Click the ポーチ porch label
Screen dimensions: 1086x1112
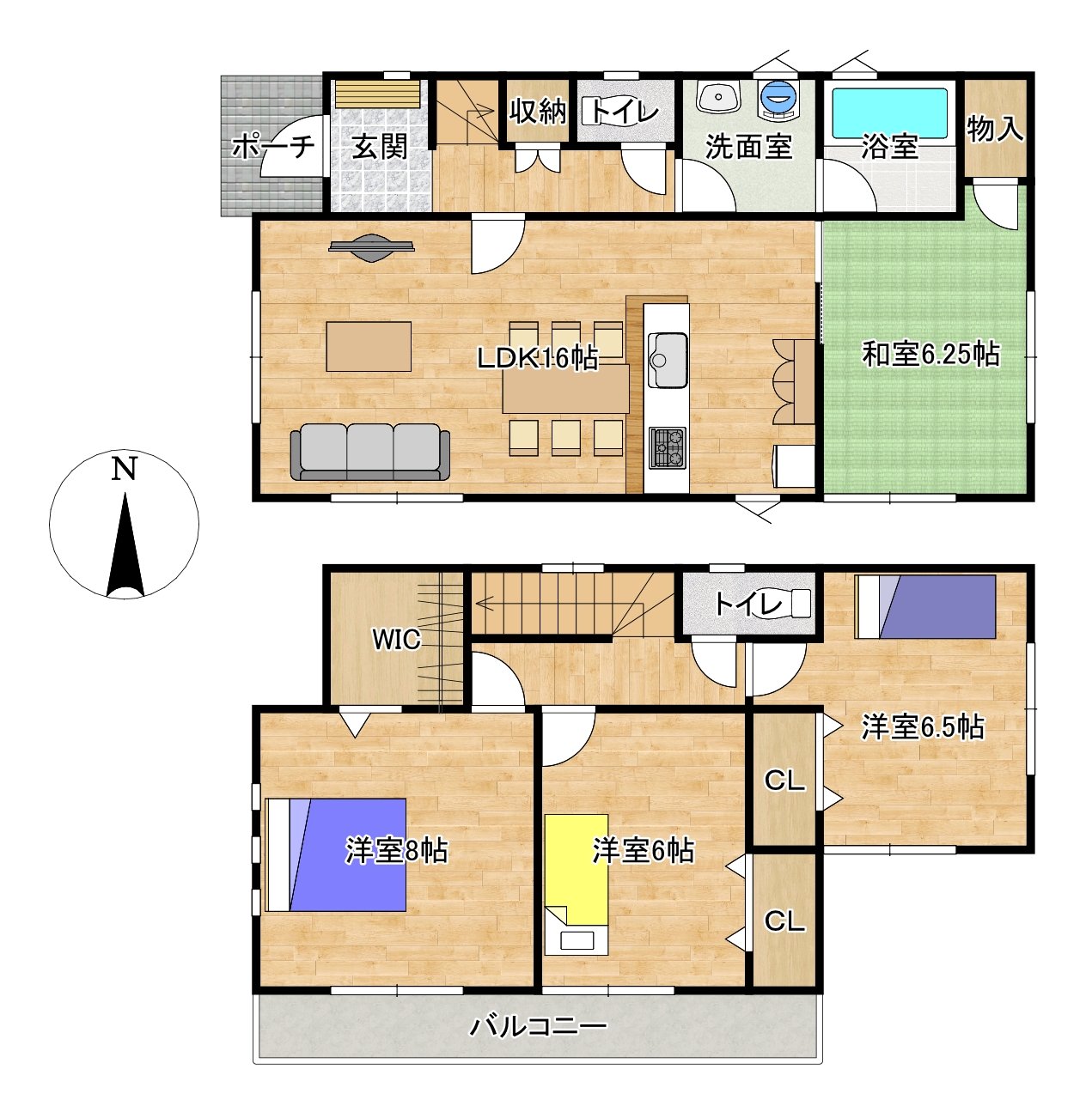(273, 146)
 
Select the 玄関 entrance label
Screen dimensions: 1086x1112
(379, 147)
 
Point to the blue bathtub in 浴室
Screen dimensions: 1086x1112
(890, 112)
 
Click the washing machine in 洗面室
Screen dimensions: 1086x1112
(778, 99)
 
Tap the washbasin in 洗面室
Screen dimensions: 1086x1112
(718, 97)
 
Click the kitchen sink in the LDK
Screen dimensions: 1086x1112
(667, 360)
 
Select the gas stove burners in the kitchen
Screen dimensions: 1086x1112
(667, 447)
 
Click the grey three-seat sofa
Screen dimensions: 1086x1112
(370, 452)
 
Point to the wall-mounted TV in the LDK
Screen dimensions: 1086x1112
(372, 248)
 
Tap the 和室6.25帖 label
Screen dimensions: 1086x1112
(931, 355)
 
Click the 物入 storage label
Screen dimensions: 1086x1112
(995, 129)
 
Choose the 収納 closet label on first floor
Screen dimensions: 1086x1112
(538, 112)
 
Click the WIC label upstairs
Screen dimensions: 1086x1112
(396, 640)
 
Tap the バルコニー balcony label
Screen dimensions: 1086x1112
(538, 1027)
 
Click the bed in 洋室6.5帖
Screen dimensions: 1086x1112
(925, 606)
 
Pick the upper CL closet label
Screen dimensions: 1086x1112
(784, 780)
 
